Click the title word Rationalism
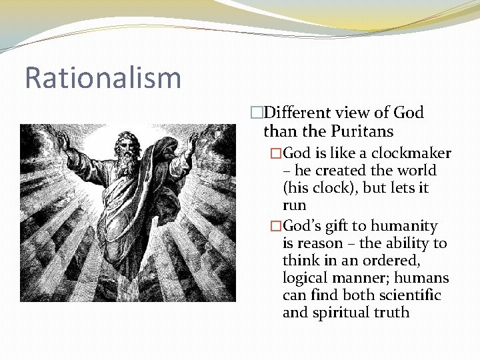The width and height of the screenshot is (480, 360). pos(103,77)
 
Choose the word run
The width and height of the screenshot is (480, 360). pos(294,206)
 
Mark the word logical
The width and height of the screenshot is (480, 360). pos(306,278)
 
